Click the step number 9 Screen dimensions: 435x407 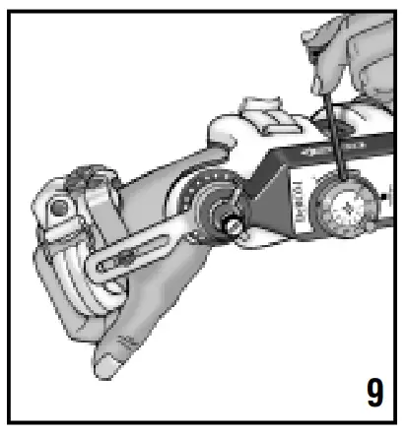[x=375, y=391]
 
